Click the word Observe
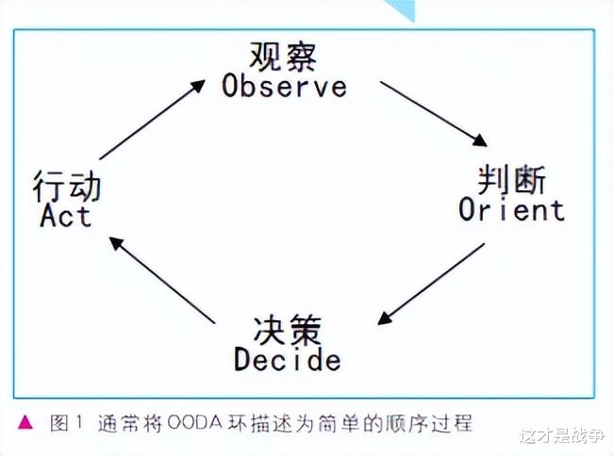[x=284, y=87]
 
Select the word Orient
[x=511, y=209]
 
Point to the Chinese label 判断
[x=512, y=177]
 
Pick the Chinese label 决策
[x=288, y=330]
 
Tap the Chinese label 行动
[x=67, y=185]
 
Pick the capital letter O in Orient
[x=469, y=209]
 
